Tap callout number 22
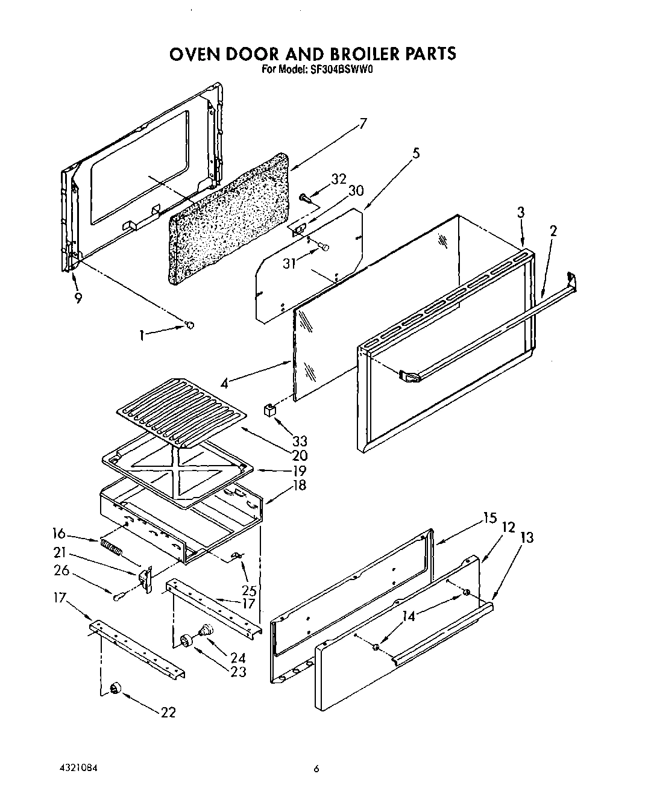click(x=168, y=712)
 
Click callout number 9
click(x=78, y=298)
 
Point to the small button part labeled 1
click(x=190, y=325)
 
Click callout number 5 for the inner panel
click(x=416, y=153)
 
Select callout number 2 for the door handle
click(x=553, y=230)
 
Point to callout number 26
click(x=61, y=570)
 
